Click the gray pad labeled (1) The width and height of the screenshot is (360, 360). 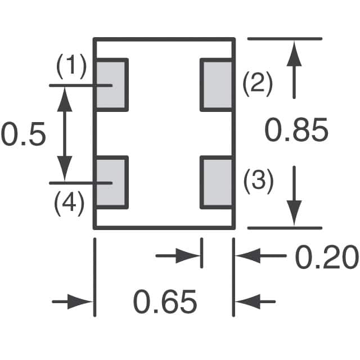click(111, 84)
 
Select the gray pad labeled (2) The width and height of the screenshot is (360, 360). click(218, 86)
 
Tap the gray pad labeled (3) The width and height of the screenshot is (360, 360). click(218, 183)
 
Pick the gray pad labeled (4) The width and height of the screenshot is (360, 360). click(111, 183)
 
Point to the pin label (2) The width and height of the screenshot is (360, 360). click(257, 84)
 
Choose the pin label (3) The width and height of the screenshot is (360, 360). click(258, 181)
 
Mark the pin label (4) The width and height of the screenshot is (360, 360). click(70, 203)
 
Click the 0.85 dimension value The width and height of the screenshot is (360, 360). click(296, 132)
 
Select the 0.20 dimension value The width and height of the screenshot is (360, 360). click(326, 258)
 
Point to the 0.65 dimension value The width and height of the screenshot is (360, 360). click(165, 302)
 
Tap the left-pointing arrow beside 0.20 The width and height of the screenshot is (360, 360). click(247, 256)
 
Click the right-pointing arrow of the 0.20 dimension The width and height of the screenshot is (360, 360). click(189, 256)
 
